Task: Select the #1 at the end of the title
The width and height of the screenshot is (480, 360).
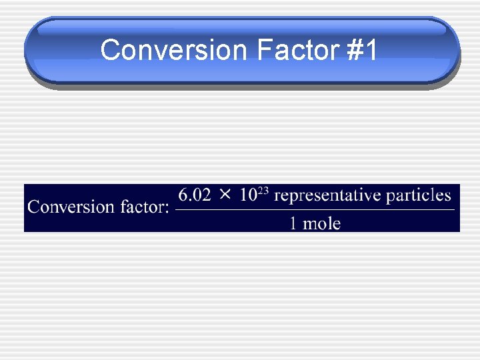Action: coord(363,50)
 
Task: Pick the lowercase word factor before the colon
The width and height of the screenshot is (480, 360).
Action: coord(142,206)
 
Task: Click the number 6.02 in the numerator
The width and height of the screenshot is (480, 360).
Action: coord(195,195)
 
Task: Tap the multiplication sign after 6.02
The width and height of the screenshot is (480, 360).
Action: coord(225,195)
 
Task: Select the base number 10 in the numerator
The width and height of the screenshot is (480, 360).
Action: coord(247,195)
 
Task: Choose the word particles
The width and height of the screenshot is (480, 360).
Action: coord(419,195)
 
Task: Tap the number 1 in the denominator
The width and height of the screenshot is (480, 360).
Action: coord(293,223)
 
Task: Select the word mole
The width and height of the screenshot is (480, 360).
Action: coord(322,223)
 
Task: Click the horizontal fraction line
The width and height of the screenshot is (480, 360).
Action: coord(314,209)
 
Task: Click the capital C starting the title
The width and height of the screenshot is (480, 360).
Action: coord(111,50)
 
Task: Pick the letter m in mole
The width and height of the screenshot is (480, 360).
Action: coord(310,225)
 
